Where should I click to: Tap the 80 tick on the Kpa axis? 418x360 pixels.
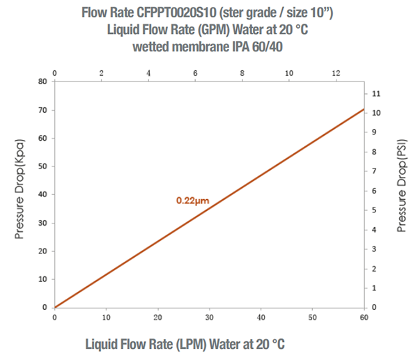[43, 81]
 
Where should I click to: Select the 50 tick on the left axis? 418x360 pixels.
[43, 166]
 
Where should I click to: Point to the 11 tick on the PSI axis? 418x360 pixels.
[377, 93]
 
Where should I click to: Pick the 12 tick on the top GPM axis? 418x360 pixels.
[335, 73]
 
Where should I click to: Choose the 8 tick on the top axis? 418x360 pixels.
[242, 73]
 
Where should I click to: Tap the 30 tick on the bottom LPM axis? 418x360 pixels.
[210, 318]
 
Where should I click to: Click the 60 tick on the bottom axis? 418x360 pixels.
[364, 318]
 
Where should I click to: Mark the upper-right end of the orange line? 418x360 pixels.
[364, 109]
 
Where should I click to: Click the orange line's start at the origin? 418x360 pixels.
[56, 307]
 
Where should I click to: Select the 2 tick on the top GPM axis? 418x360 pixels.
[102, 73]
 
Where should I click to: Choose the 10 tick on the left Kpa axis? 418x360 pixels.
[43, 279]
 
